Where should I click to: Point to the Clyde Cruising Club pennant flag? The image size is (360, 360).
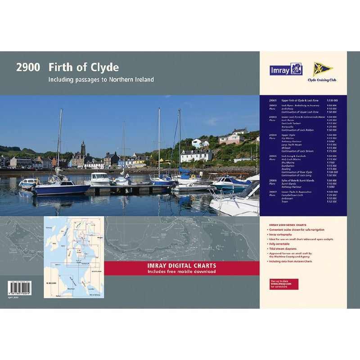coord(322,68)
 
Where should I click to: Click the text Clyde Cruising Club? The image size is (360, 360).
coord(321,80)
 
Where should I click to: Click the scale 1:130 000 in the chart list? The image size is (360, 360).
coord(332,100)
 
